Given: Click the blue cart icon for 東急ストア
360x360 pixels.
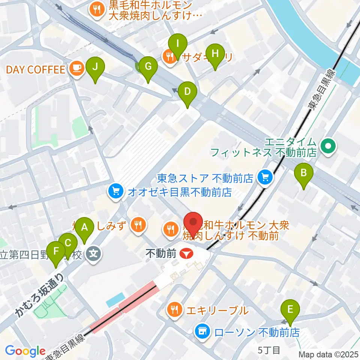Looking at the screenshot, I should (265, 177).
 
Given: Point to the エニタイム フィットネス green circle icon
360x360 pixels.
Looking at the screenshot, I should (329, 144).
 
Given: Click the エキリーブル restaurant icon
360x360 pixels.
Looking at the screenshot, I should (174, 310).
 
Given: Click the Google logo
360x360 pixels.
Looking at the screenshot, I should (25, 351).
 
